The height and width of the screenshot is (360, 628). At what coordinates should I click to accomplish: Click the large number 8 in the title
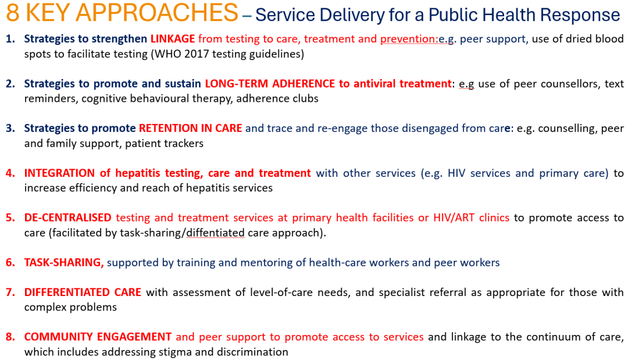(x=12, y=12)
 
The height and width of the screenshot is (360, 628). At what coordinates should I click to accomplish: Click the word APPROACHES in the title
(x=157, y=12)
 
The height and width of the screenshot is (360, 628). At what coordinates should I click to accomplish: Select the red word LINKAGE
(x=173, y=39)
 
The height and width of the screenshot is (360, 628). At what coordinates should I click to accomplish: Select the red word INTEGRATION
(x=59, y=173)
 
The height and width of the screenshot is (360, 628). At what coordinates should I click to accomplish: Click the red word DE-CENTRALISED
(x=67, y=218)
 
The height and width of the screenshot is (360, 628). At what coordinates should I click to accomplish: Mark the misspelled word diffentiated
(x=216, y=233)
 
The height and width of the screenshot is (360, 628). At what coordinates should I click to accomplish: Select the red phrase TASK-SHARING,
(x=64, y=263)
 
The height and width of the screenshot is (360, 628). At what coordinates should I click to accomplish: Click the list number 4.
(x=10, y=173)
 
